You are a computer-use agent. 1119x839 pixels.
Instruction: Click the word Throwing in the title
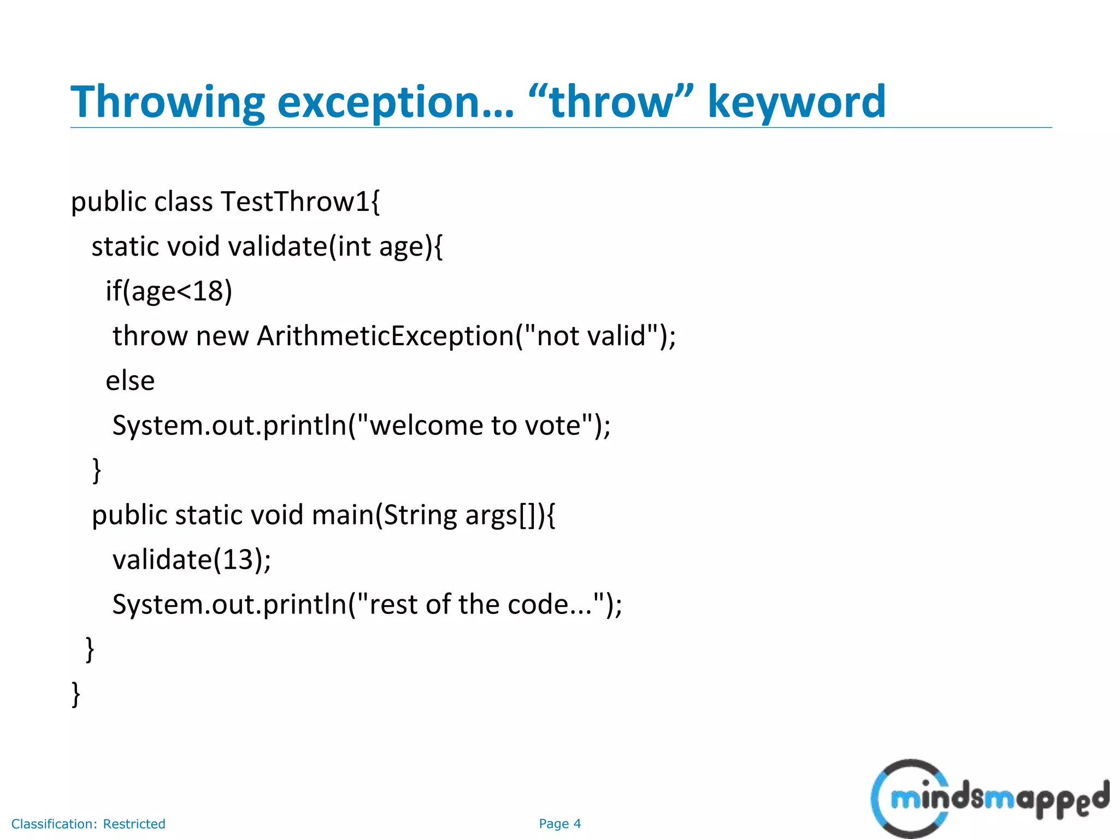coord(167,102)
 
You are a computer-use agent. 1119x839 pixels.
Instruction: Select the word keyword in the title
coord(796,102)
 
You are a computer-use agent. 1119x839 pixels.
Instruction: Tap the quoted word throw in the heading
coord(610,102)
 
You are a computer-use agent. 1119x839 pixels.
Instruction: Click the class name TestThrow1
coord(295,202)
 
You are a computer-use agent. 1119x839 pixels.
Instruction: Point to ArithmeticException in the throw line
coord(385,335)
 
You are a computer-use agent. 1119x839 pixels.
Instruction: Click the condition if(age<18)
coord(169,291)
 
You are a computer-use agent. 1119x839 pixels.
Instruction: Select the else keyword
coord(130,381)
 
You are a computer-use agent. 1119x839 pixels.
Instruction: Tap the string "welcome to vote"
coord(476,425)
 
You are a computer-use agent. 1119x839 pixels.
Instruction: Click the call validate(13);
coord(192,559)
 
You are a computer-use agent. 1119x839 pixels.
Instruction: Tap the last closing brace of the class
coord(76,694)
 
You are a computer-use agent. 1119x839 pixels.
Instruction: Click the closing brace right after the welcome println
coord(97,470)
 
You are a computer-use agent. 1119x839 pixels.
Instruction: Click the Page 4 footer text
coord(559,824)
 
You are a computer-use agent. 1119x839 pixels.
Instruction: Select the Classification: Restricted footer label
coord(89,824)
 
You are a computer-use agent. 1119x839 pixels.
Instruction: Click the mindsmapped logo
coord(989,799)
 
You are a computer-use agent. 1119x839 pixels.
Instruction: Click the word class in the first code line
coord(183,202)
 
